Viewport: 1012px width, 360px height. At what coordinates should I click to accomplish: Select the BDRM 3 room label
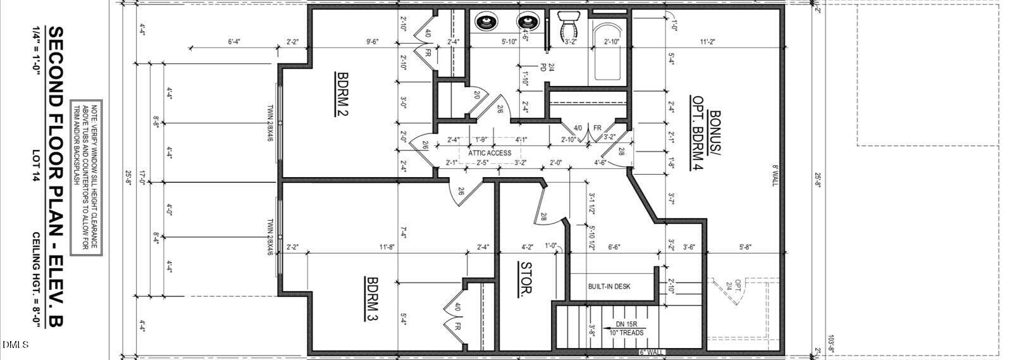pos(372,299)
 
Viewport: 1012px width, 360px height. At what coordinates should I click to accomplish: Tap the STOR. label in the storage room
pos(524,280)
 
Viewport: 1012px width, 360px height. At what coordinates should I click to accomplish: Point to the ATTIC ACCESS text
pos(490,152)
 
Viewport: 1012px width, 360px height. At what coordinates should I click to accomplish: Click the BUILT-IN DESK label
pos(608,286)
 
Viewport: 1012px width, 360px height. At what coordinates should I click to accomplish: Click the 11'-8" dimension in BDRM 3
pos(387,247)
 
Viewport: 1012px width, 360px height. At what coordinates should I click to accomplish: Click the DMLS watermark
pos(15,345)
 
